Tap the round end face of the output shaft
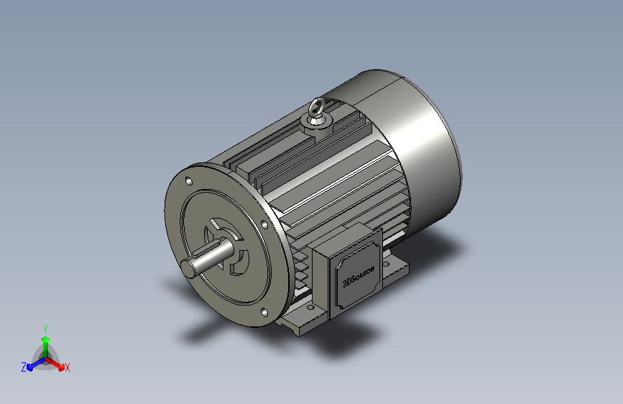coord(188,268)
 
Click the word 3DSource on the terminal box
coord(359,275)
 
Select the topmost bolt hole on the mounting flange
coord(189,181)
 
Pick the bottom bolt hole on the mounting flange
coord(264,313)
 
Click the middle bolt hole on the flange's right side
coord(264,225)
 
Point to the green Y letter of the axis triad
coord(45,329)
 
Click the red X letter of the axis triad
coord(67,368)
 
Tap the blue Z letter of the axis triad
coord(24,367)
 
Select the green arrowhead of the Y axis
coord(46,339)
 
